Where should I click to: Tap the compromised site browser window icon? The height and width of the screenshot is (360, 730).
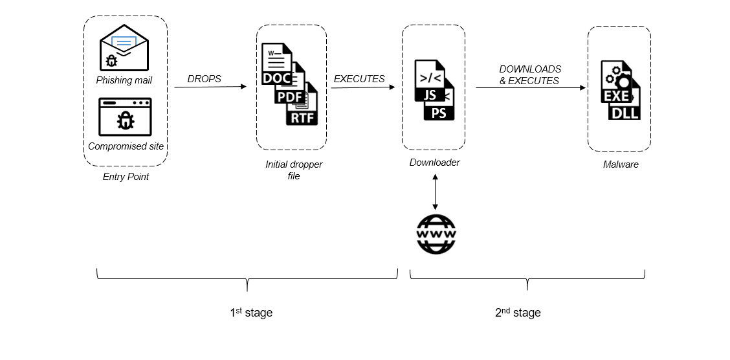126,117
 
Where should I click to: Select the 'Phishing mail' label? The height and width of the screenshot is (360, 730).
124,80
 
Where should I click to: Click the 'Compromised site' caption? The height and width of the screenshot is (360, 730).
126,146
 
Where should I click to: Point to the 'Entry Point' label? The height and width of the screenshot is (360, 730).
126,177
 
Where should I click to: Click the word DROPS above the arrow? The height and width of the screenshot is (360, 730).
205,79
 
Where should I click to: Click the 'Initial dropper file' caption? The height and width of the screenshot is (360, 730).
294,170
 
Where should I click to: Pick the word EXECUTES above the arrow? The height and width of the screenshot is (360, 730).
359,79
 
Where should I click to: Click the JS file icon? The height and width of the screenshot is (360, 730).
428,82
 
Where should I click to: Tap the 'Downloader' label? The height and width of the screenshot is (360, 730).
435,163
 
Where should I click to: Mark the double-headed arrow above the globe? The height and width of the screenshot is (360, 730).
435,191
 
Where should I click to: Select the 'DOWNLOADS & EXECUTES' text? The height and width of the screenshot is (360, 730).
529,75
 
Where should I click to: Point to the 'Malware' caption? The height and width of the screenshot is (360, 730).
621,164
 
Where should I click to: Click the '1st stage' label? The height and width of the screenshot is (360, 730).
251,313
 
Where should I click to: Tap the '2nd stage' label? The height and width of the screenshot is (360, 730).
518,313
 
